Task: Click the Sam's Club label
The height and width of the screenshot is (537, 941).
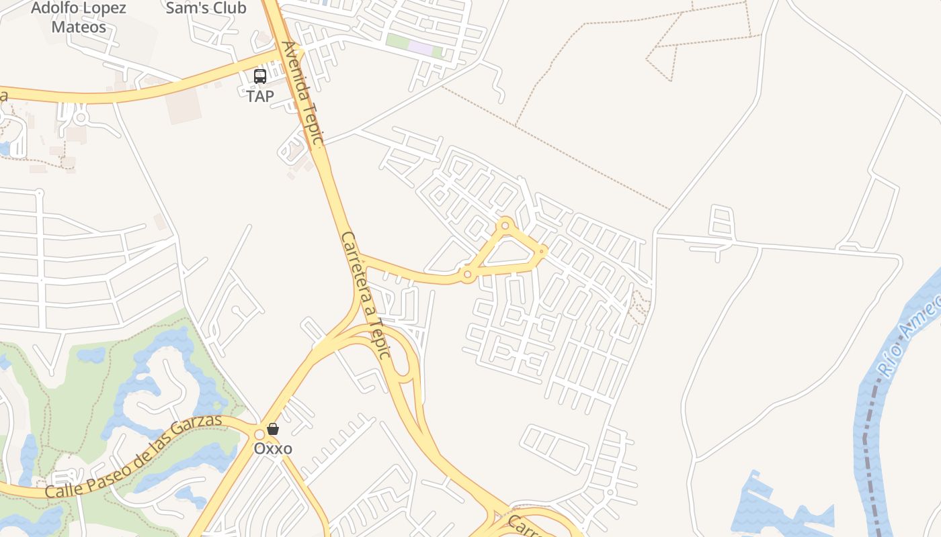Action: pyautogui.click(x=206, y=8)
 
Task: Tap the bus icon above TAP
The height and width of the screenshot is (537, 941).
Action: pyautogui.click(x=260, y=77)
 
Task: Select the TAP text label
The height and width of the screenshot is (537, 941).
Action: pyautogui.click(x=260, y=96)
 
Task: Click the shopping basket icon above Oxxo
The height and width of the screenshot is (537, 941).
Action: pyautogui.click(x=273, y=428)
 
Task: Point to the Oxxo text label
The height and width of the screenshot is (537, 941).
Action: pyautogui.click(x=273, y=448)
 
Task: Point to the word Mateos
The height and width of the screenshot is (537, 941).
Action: pyautogui.click(x=79, y=27)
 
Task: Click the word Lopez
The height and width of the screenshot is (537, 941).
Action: pyautogui.click(x=106, y=8)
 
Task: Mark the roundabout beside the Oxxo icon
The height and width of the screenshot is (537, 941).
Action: pyautogui.click(x=259, y=434)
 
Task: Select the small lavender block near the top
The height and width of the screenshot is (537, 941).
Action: pyautogui.click(x=421, y=48)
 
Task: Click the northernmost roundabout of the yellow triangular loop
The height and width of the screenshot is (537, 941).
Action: pyautogui.click(x=505, y=224)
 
